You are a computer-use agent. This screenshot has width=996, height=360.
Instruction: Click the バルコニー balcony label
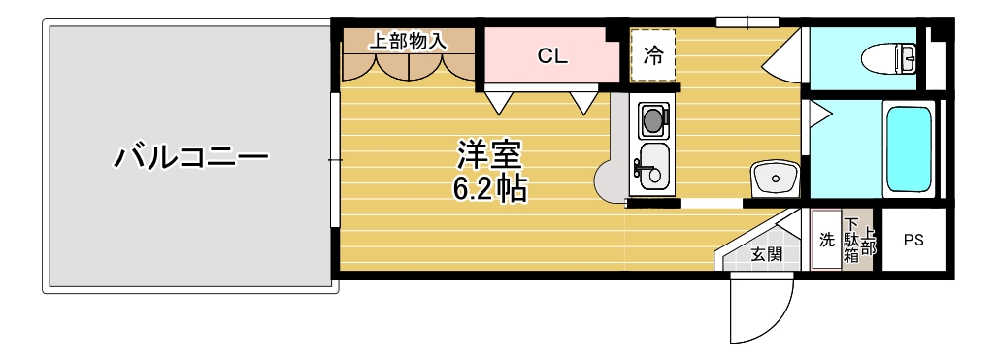191,156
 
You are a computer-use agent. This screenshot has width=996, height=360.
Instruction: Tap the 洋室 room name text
489,154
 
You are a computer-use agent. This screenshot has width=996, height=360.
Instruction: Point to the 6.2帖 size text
489,187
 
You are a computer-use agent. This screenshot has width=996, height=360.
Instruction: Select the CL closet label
552,56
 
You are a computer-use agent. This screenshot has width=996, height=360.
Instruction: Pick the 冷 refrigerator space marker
653,56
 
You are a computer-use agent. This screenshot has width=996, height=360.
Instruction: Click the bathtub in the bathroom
910,149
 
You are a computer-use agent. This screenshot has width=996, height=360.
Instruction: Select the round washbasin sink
774,179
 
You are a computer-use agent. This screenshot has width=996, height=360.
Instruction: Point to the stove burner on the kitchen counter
653,120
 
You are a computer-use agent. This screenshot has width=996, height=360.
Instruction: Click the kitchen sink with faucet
652,168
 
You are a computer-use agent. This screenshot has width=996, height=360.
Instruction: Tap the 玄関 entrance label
767,255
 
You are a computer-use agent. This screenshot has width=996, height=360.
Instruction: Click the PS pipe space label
913,240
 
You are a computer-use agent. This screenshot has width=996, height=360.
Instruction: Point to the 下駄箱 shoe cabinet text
850,241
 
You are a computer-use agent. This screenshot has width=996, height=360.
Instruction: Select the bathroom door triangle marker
817,114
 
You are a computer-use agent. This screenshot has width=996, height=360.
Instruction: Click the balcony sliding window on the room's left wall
335,159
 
